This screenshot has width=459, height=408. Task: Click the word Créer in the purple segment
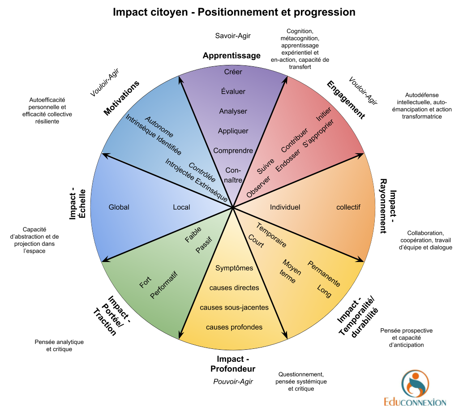[233, 72]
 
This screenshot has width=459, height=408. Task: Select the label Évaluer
[233, 91]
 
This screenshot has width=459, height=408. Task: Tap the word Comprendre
[233, 150]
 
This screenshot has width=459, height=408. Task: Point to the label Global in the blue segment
[119, 207]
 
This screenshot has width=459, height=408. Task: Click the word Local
[181, 207]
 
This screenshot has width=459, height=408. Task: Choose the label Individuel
[285, 207]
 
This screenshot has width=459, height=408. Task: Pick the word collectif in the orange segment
[348, 207]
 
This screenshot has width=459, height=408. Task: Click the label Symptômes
[234, 268]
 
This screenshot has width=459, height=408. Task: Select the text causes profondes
[234, 327]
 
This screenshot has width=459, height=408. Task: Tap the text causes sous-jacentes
[234, 307]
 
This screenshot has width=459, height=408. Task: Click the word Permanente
[324, 274]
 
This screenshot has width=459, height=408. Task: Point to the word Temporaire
[271, 235]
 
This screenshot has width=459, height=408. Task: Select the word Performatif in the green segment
[164, 285]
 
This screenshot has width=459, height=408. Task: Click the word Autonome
[159, 127]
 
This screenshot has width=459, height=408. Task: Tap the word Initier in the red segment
[323, 115]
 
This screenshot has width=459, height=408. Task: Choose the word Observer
[258, 187]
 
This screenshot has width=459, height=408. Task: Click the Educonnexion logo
[415, 387]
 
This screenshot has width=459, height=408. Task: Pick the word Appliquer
[233, 131]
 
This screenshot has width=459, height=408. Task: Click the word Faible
[193, 235]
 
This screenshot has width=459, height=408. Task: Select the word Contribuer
[295, 140]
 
